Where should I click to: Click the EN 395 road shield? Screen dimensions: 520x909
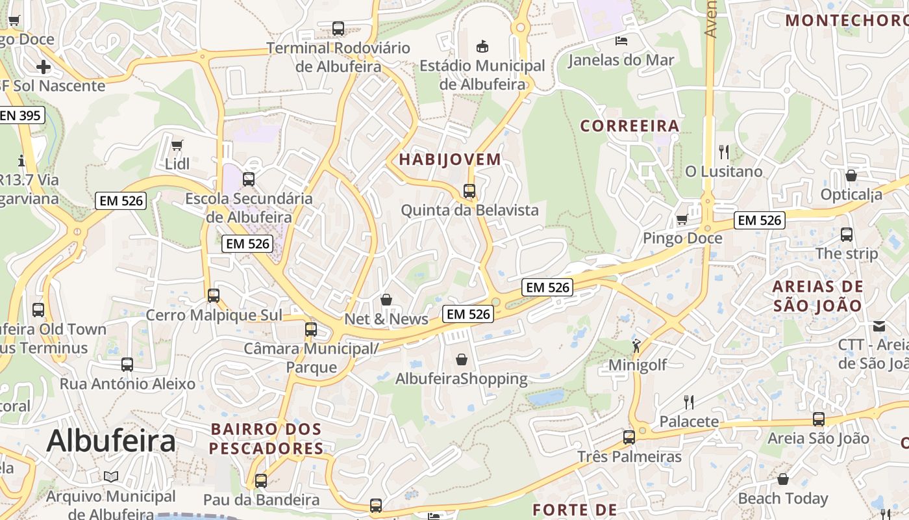tap(21, 116)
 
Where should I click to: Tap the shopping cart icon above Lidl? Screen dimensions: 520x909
tap(177, 144)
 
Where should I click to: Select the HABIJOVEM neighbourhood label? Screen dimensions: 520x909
tap(450, 159)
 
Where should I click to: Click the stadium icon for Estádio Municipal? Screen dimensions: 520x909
tap(482, 46)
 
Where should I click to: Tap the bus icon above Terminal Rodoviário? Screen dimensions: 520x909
tap(338, 29)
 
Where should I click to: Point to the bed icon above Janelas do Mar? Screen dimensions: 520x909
tap(621, 41)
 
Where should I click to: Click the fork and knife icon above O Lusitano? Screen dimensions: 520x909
tap(724, 152)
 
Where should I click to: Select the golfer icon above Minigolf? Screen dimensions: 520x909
tap(636, 345)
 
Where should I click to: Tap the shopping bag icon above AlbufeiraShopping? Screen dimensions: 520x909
tap(461, 359)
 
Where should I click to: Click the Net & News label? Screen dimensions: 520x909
tap(386, 318)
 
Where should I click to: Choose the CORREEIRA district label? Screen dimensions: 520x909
tap(630, 125)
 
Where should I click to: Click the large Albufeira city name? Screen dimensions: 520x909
tap(111, 441)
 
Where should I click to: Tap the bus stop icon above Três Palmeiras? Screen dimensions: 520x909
tap(629, 437)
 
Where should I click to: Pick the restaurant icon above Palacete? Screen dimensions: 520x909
tap(689, 402)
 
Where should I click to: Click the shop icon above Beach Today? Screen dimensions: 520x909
tap(783, 479)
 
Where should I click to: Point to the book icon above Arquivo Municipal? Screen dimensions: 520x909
tap(111, 476)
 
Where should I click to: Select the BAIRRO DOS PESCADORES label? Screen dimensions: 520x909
tap(266, 439)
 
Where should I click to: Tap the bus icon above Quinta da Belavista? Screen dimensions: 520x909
tap(469, 191)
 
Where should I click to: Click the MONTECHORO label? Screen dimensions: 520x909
tap(845, 19)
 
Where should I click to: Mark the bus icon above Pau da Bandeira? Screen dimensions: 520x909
tap(261, 481)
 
